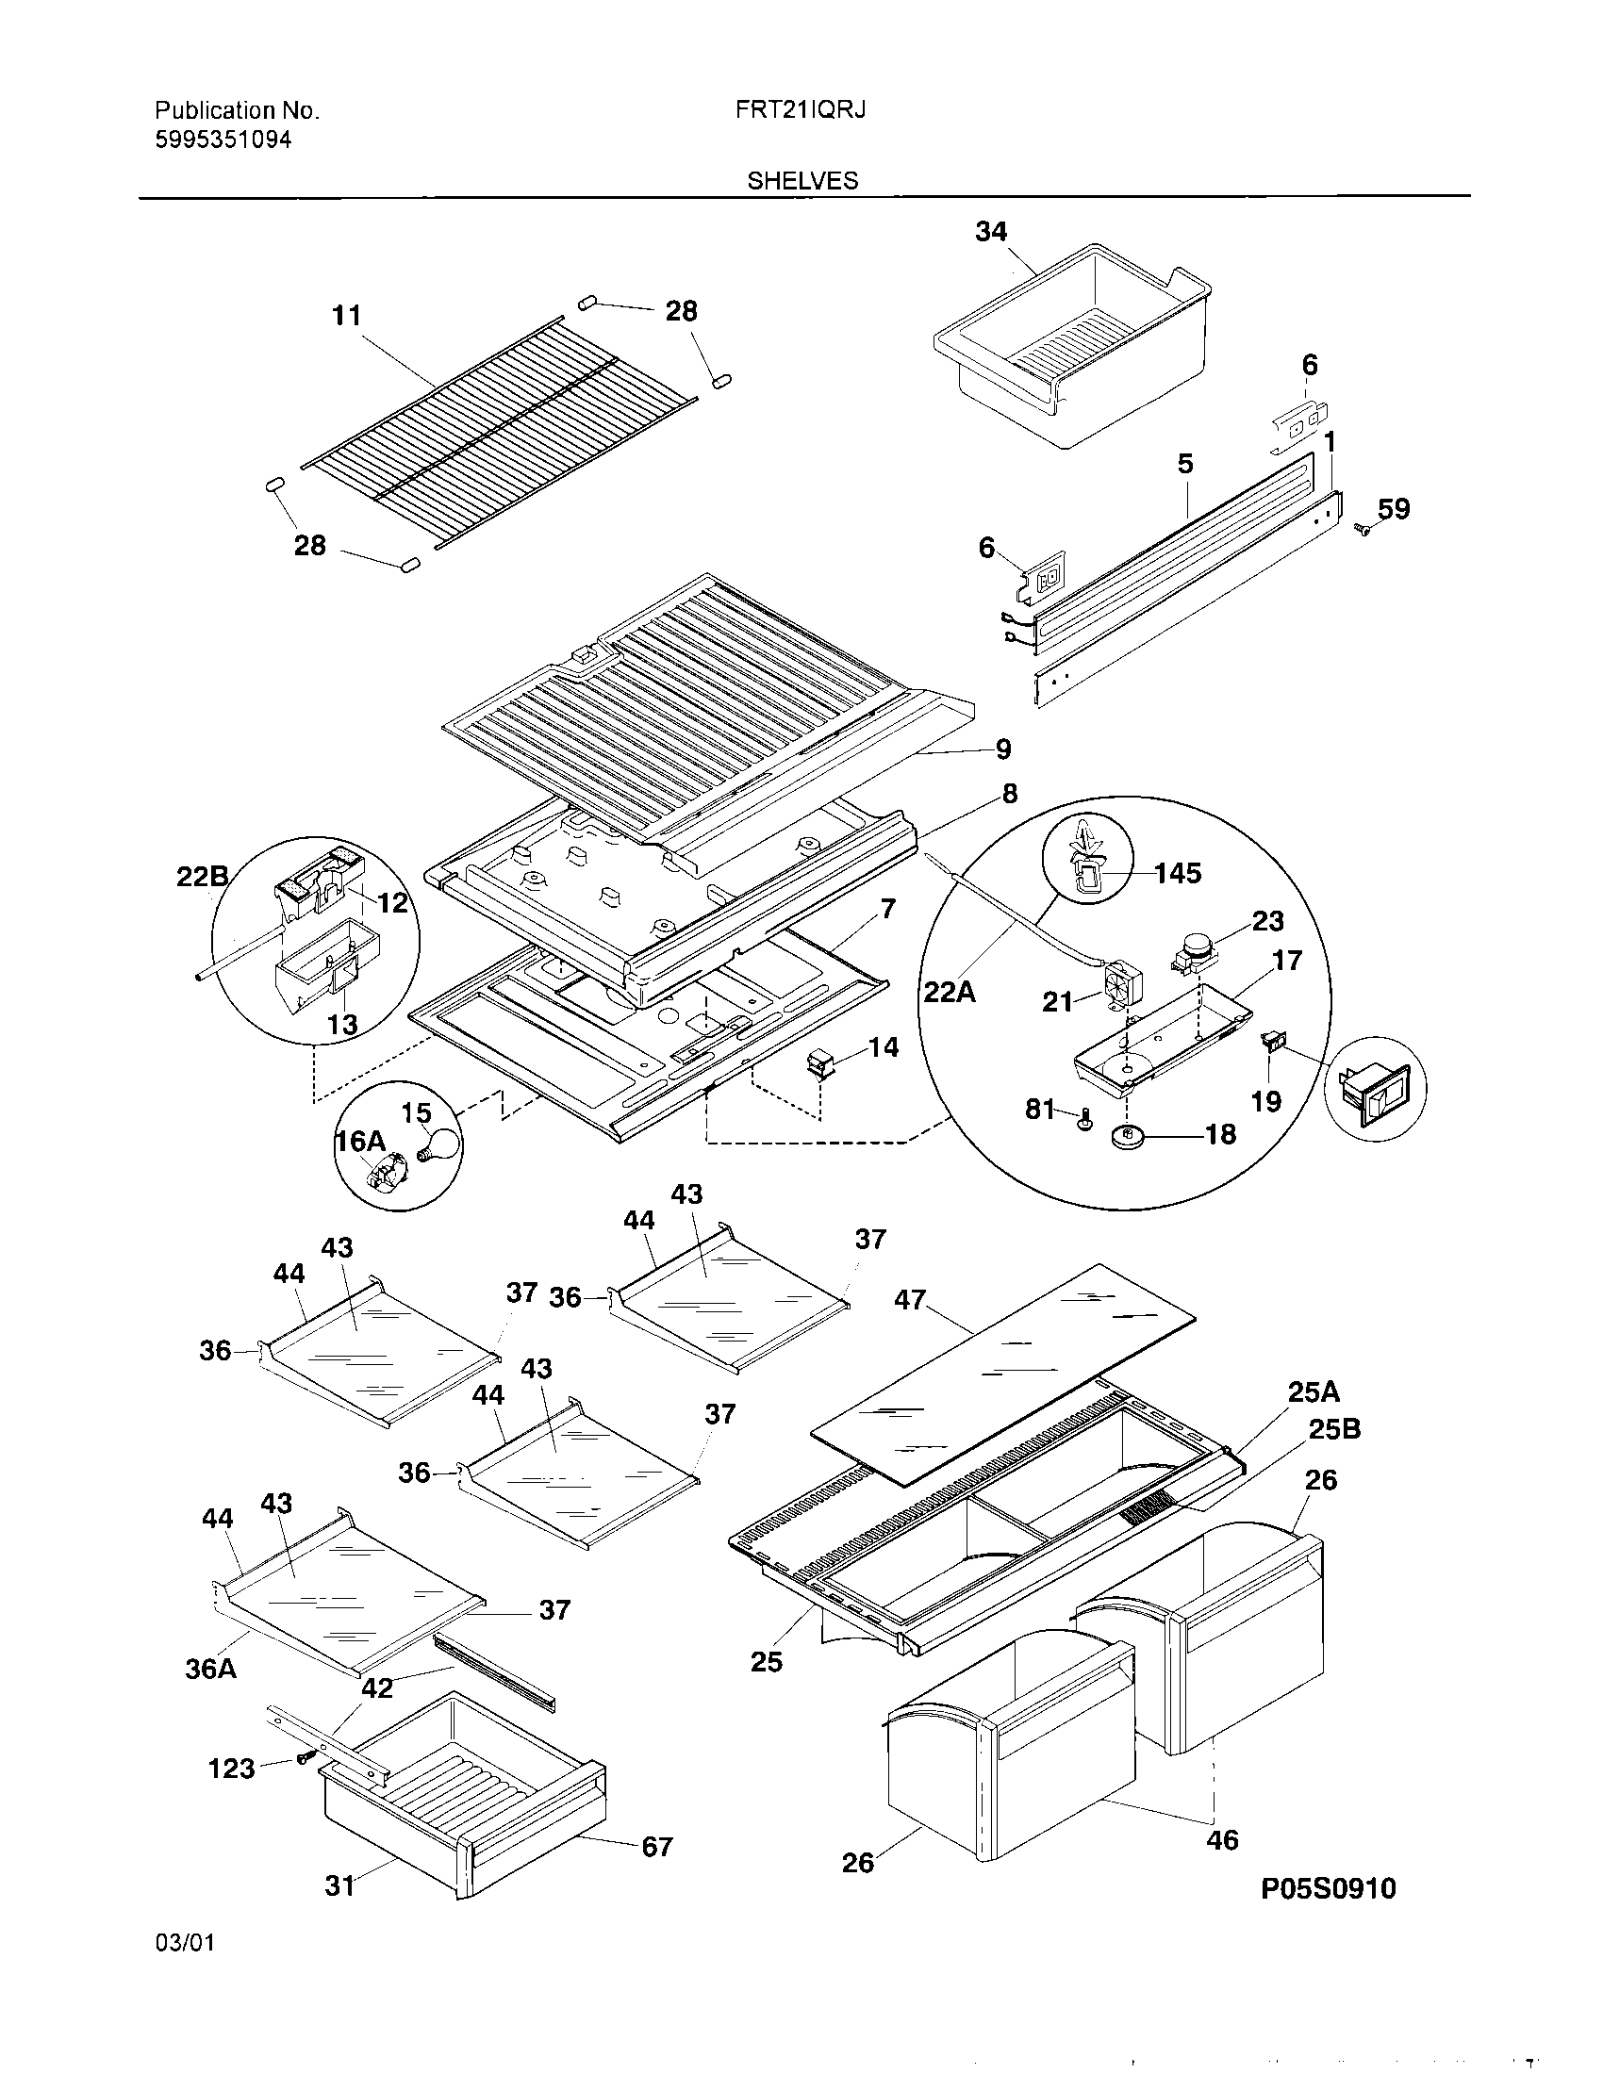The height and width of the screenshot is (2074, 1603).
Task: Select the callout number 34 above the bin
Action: point(990,232)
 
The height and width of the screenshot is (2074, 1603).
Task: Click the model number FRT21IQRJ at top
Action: point(800,110)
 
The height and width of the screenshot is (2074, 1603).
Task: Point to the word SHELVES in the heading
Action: point(802,180)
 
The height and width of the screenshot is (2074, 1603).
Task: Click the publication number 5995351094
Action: point(223,140)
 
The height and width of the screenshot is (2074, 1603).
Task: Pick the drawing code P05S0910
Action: point(1328,1889)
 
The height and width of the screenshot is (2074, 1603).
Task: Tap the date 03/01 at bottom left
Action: point(184,1969)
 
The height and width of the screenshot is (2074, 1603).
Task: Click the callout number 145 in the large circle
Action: point(1177,873)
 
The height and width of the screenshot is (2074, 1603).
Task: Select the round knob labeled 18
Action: point(1127,1136)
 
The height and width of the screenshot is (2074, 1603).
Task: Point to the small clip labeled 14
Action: point(818,1062)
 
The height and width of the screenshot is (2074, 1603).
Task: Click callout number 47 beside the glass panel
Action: point(909,1299)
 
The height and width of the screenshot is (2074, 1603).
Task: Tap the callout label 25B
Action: point(1334,1429)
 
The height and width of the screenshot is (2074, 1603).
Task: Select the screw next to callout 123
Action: point(304,1759)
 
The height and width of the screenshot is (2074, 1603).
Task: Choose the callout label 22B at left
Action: point(202,878)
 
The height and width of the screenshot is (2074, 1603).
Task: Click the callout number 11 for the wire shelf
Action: point(347,315)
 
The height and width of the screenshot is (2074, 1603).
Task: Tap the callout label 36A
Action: point(211,1668)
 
